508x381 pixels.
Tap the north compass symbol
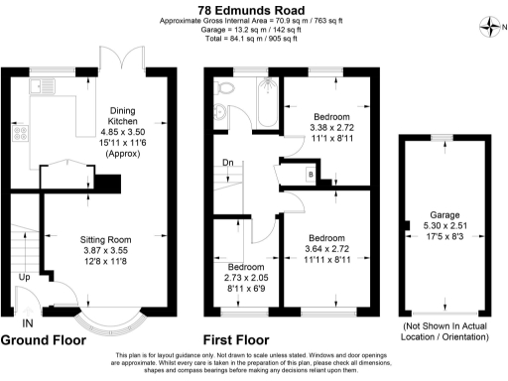tap(488, 25)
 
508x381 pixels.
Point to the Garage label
tap(444, 214)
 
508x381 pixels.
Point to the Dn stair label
tap(227, 162)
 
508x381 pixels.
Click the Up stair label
tap(23, 278)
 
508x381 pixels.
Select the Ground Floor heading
tap(45, 339)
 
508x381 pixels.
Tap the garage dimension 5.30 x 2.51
tap(444, 226)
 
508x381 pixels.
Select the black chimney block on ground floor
tap(107, 184)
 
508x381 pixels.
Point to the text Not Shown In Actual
tap(443, 325)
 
